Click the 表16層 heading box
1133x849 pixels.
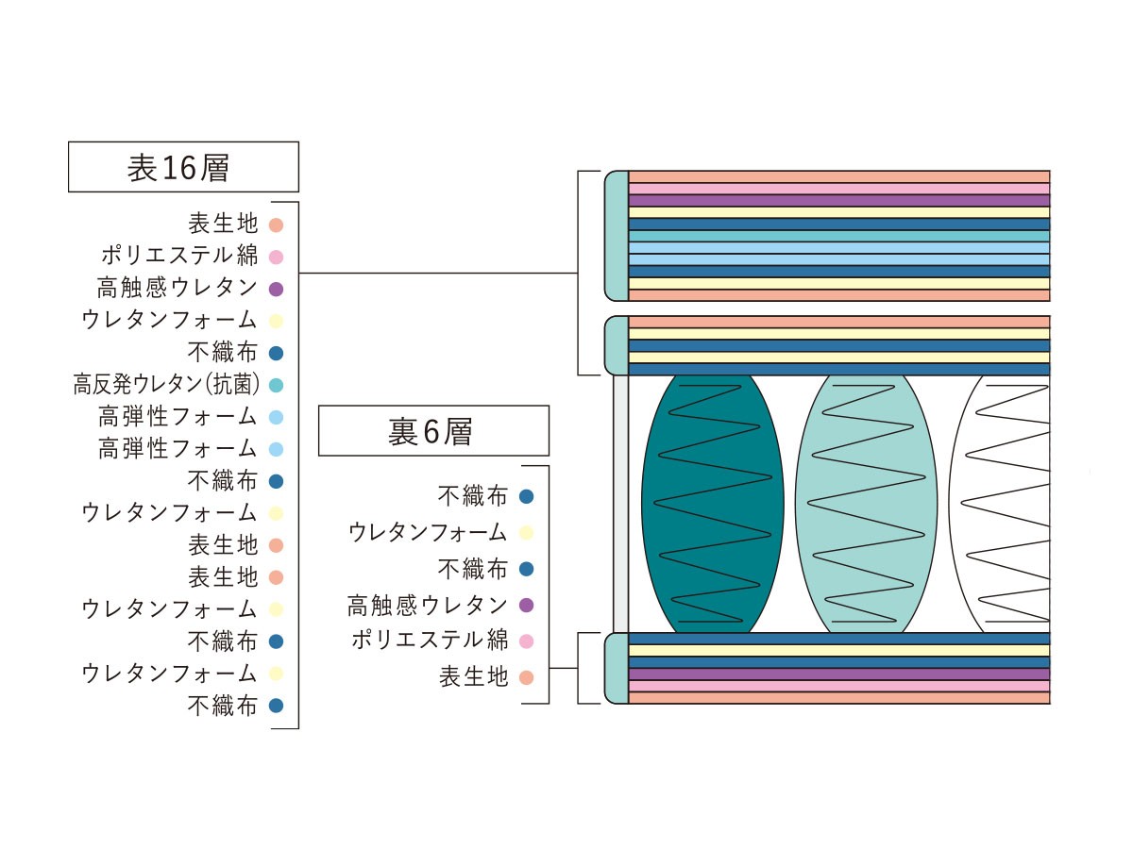pos(183,167)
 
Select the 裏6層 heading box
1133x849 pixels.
pos(433,430)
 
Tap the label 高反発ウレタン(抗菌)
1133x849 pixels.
pos(166,385)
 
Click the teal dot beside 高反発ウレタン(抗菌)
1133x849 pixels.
pos(276,385)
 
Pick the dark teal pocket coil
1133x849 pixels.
pos(712,504)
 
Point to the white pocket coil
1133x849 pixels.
pos(999,504)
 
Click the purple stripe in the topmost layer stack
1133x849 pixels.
pos(838,201)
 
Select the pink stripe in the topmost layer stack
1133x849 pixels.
pos(838,189)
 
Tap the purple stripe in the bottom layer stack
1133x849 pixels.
pos(838,674)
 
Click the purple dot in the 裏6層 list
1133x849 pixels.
pos(526,606)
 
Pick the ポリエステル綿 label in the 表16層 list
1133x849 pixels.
pos(179,256)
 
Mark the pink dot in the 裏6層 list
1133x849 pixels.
pos(526,641)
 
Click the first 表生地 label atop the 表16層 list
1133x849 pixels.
pos(223,224)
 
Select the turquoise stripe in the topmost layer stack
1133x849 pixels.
pos(838,236)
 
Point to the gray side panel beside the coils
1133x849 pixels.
pos(621,504)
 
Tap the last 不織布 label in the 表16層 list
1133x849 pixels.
pos(223,706)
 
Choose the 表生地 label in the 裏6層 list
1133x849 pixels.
pos(474,676)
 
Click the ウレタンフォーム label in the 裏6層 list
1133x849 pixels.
pos(428,532)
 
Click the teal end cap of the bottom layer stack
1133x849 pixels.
pos(617,668)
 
